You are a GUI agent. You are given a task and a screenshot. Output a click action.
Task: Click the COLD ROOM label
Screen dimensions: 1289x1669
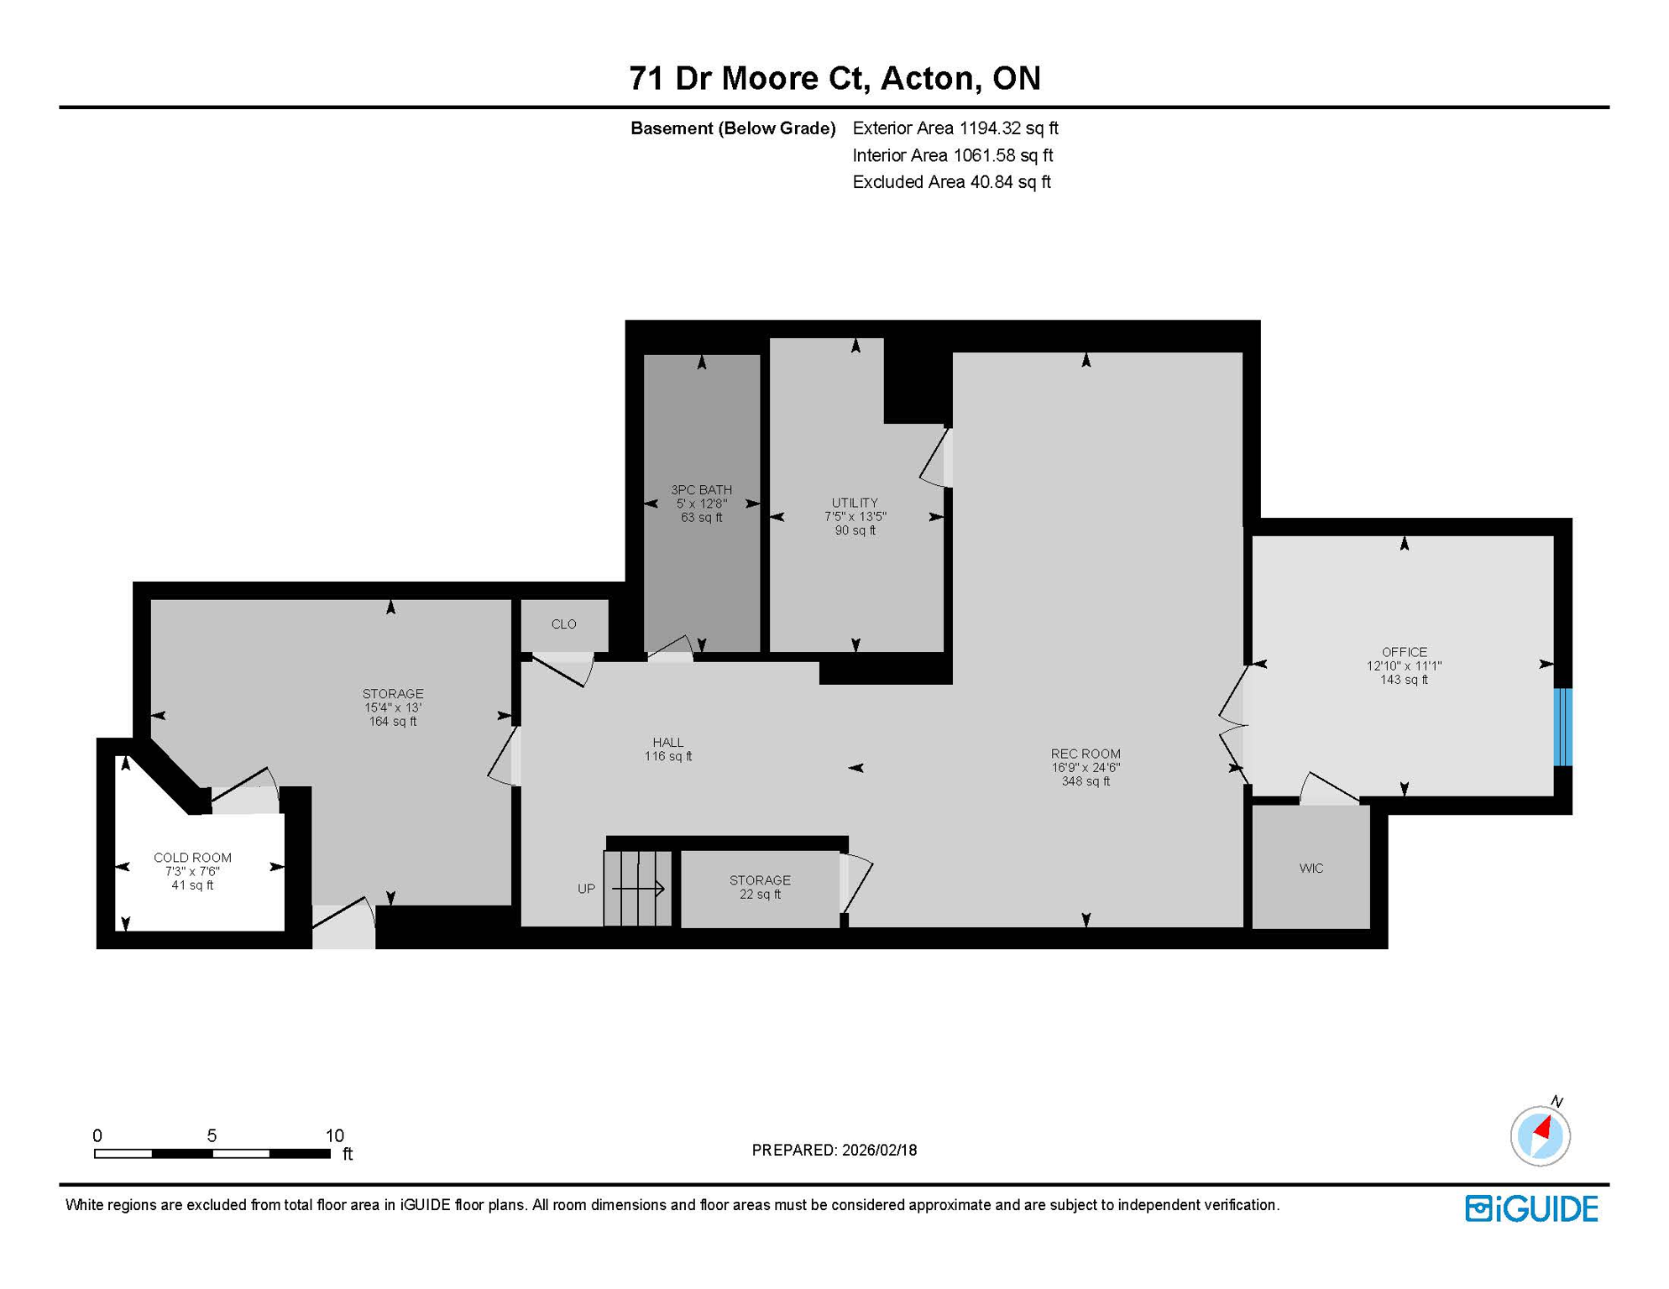point(192,858)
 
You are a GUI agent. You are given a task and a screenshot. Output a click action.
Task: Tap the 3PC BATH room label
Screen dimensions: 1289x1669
point(701,490)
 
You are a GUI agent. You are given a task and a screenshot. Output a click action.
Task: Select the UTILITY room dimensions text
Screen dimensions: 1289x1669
point(855,517)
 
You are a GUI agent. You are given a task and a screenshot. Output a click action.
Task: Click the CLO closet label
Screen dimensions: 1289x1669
point(563,624)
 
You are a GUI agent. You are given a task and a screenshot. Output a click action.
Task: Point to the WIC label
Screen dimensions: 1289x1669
point(1311,869)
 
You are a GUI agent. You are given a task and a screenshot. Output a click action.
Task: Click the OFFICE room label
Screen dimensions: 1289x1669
point(1404,652)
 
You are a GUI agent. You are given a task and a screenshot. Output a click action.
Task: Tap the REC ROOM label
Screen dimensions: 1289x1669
point(1085,754)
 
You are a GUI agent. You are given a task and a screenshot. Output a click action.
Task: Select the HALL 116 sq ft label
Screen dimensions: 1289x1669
point(667,749)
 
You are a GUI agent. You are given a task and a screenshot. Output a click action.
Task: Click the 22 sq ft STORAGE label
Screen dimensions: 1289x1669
point(760,887)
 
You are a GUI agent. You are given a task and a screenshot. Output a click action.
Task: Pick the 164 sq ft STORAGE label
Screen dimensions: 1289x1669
point(392,707)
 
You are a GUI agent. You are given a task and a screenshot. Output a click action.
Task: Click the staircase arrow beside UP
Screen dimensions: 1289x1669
point(638,888)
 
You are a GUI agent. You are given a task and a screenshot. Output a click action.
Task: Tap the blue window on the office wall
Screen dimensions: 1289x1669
point(1562,727)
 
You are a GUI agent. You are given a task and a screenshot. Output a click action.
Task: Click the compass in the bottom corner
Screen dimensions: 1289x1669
point(1540,1136)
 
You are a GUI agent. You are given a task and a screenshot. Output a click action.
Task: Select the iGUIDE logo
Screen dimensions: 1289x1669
point(1531,1208)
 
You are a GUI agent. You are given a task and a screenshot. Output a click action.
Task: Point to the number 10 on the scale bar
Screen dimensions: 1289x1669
point(334,1135)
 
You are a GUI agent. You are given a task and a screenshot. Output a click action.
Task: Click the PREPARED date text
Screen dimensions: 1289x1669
point(834,1151)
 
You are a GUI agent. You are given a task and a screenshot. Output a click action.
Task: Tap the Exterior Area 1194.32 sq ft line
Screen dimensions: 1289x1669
point(955,128)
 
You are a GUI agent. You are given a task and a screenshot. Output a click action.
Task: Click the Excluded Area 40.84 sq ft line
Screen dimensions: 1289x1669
point(950,182)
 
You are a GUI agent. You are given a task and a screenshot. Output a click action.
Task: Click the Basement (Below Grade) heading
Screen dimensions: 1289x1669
point(732,128)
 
